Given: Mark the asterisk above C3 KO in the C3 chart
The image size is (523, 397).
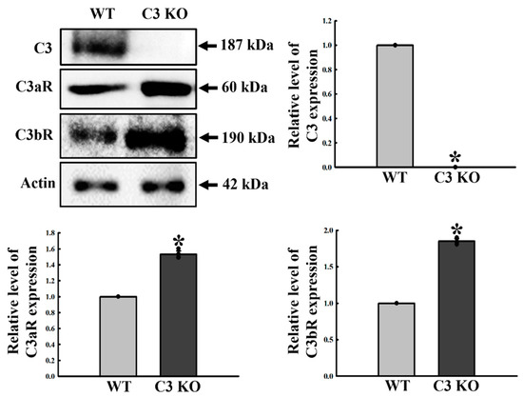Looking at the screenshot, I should click(455, 158).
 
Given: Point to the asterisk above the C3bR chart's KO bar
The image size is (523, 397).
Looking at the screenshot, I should click(455, 229).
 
